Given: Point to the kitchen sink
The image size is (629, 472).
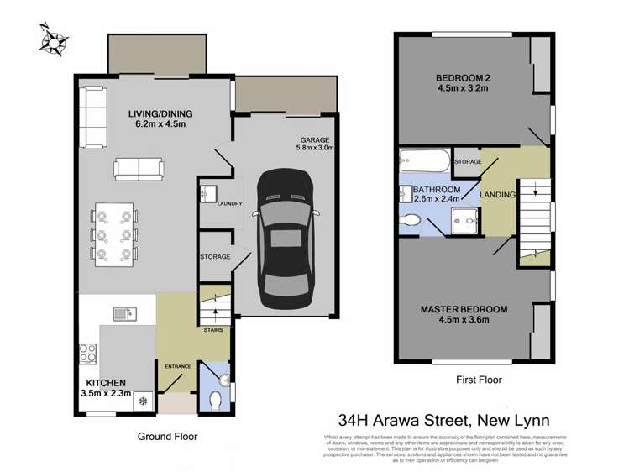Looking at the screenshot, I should (x=124, y=313).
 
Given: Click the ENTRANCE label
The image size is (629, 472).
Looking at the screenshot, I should (x=178, y=367).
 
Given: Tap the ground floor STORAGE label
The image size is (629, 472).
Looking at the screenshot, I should (x=215, y=256).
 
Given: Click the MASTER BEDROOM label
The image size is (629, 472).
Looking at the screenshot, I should (x=466, y=313).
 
